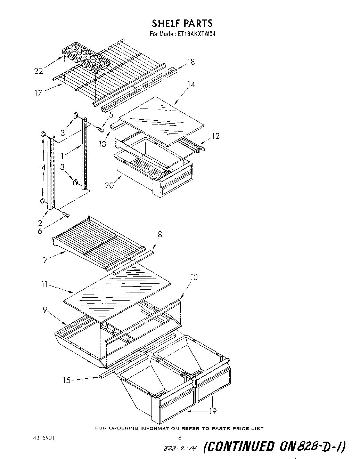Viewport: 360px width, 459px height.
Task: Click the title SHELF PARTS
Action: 182,23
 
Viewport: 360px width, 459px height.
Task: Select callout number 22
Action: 39,71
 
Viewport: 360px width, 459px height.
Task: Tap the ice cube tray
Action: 85,57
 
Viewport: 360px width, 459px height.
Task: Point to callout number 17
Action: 38,93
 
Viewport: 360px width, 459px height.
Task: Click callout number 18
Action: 191,62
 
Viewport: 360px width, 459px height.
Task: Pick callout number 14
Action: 191,84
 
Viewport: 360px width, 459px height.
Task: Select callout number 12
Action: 216,136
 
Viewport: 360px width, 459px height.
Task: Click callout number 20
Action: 109,185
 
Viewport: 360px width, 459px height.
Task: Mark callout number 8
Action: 159,234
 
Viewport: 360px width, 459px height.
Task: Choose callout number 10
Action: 194,277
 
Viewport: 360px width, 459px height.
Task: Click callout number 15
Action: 66,380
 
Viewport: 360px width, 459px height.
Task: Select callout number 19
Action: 213,411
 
